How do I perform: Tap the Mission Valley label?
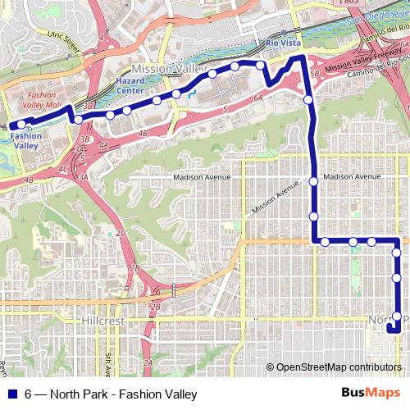click(162, 70)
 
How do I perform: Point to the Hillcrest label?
click(103, 322)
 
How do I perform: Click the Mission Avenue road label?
click(276, 199)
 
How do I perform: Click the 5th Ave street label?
click(107, 361)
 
